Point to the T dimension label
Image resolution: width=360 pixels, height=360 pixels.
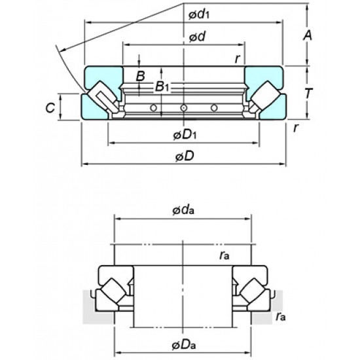[309, 93]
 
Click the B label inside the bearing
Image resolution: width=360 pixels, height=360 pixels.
[140, 76]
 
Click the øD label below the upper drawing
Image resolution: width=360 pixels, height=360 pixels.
[184, 157]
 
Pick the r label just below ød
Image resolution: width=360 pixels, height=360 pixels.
[238, 58]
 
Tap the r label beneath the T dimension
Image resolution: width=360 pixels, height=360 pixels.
[296, 128]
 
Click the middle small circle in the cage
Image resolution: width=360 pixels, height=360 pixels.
[184, 107]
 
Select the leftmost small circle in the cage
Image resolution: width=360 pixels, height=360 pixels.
[153, 107]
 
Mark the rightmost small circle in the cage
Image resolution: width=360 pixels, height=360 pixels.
[215, 107]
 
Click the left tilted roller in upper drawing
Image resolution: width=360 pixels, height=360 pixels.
[102, 98]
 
